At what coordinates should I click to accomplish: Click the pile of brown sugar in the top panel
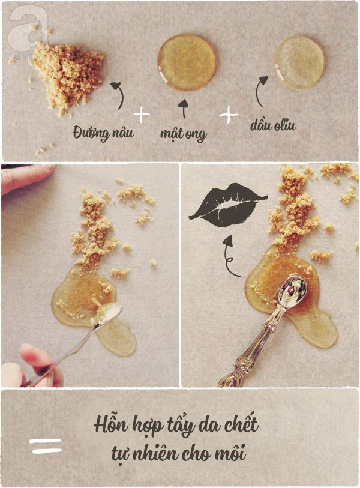point(67,76)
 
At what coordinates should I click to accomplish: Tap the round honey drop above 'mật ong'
point(186,62)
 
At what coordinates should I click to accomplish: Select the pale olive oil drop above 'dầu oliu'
point(299,63)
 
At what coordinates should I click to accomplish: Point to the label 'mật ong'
point(183,134)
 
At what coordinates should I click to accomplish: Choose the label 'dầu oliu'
point(274,125)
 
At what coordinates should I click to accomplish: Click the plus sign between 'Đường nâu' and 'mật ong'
point(142,115)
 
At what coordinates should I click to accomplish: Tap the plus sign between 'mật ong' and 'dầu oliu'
point(229,115)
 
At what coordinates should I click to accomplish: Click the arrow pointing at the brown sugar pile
point(119,95)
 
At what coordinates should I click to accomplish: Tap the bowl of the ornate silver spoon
point(292,289)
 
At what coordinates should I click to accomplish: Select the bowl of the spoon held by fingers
point(109,313)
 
